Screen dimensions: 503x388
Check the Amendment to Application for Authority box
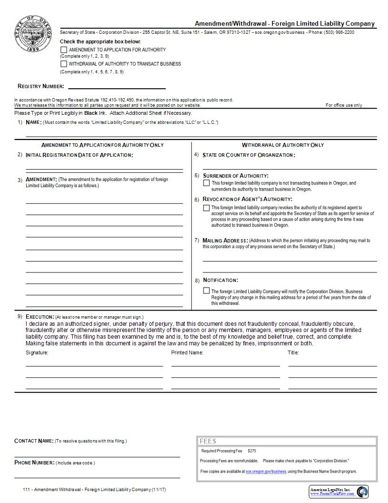(64, 50)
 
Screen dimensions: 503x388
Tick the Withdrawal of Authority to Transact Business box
(64, 63)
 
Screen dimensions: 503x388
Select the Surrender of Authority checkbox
(206, 183)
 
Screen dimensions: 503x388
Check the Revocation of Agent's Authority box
(206, 208)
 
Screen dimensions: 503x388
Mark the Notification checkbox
(206, 291)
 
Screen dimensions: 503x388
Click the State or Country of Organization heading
(248, 155)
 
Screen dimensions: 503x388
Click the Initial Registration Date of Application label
(79, 155)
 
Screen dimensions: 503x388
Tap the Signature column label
(37, 353)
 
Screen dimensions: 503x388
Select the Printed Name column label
(187, 353)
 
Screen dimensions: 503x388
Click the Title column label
(293, 353)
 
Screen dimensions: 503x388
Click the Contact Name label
(34, 441)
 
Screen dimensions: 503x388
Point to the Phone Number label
(35, 463)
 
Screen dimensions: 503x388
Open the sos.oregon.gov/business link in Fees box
(266, 472)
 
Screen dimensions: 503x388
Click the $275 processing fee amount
(252, 451)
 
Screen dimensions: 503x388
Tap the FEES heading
(208, 442)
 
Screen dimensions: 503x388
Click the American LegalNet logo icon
(362, 491)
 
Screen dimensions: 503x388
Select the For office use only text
(343, 105)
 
